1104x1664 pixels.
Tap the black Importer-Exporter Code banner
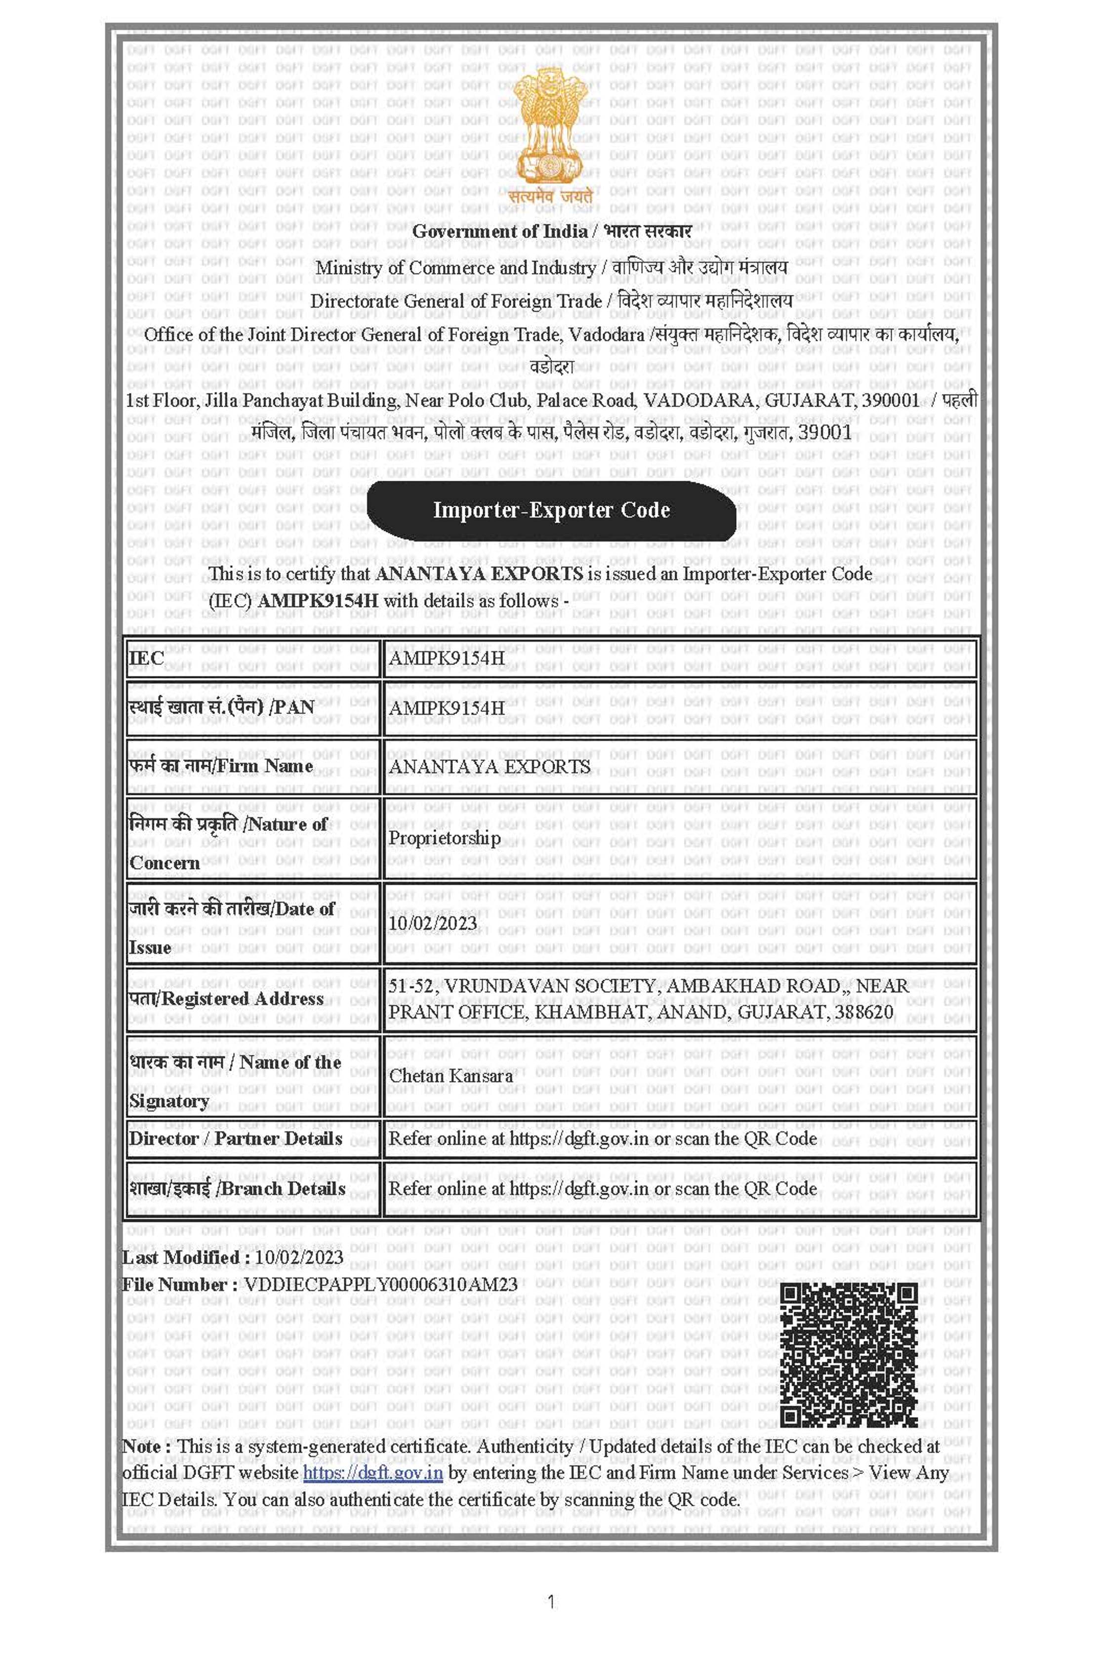point(551,510)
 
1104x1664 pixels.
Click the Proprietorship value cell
point(444,838)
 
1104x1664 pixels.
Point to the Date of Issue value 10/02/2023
point(432,923)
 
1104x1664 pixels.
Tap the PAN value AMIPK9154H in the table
point(447,708)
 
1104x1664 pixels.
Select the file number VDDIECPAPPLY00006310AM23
point(380,1285)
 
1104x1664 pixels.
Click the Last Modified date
point(299,1258)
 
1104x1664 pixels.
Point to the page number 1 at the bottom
point(551,1602)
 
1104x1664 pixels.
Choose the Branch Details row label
point(237,1189)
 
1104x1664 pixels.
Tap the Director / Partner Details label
point(235,1139)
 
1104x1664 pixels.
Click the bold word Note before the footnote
point(145,1447)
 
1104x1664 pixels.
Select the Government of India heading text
point(500,231)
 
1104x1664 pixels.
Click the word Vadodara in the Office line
point(606,334)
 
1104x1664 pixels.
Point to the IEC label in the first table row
point(146,659)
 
